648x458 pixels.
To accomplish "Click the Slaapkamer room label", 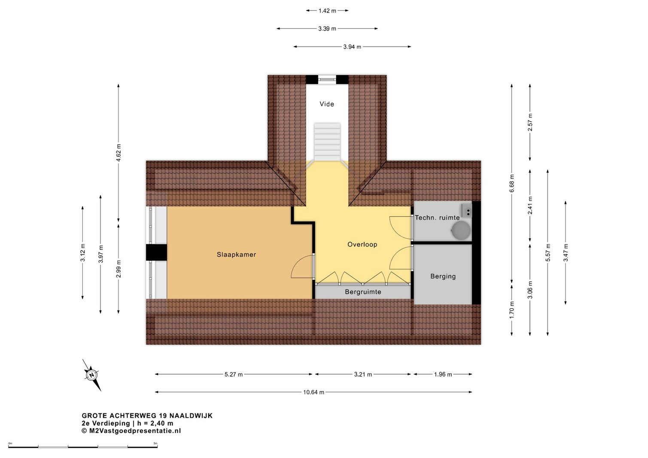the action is [236, 255].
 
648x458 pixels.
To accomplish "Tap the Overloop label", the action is [362, 245].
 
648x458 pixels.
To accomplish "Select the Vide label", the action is [327, 104].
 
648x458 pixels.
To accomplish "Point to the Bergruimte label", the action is [363, 292].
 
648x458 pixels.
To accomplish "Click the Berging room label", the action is [443, 276].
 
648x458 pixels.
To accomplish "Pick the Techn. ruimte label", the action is [437, 218].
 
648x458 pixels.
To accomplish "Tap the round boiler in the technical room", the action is [461, 231].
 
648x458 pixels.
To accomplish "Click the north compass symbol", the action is [92, 375].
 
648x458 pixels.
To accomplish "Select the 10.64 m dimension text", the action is [313, 392].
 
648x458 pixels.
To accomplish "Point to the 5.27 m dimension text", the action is [234, 374].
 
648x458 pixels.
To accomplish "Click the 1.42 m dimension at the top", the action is [327, 11].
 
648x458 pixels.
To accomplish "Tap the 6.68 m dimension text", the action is [512, 183].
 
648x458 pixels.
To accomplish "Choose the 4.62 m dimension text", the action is [119, 152].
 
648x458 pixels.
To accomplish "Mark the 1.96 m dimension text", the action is [443, 374].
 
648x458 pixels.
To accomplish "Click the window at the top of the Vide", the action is [327, 79].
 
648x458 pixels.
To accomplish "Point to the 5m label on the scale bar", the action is [155, 443].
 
